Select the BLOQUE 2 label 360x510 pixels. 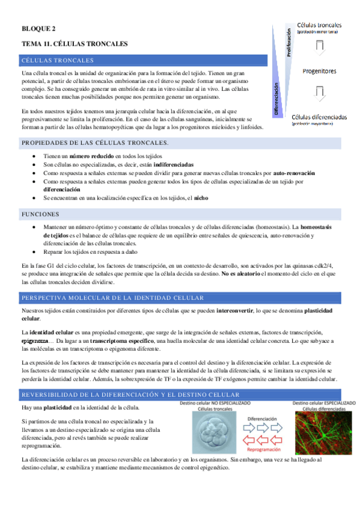coord(38,28)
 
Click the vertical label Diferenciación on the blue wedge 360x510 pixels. coord(277,100)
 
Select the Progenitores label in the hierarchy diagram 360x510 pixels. coord(319,71)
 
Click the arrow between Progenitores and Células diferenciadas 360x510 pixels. coord(320,93)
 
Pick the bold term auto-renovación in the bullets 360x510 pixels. coord(294,173)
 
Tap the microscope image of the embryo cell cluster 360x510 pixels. coord(212,432)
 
